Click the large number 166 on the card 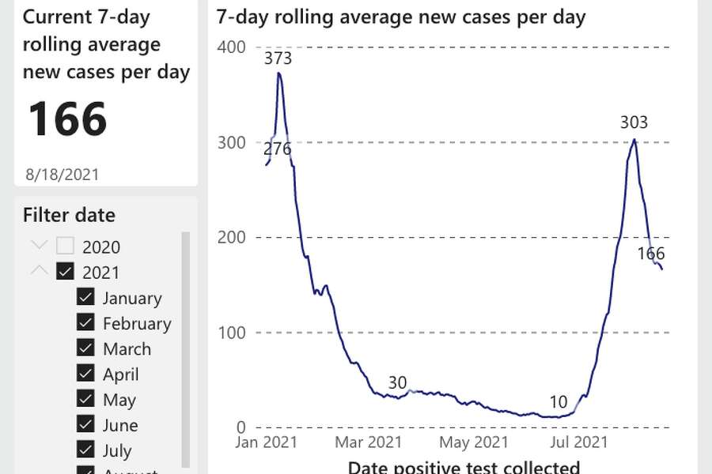[68, 119]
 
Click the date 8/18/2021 [62, 174]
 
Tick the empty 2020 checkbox [65, 246]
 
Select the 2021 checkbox [65, 273]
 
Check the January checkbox [86, 298]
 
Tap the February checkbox [86, 323]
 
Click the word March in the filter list [127, 349]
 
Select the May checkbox [86, 400]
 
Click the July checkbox [86, 450]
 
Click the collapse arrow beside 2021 [39, 272]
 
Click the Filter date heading [69, 215]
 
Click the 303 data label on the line [634, 122]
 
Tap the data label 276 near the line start [277, 149]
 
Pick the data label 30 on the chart [397, 383]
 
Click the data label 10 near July [559, 403]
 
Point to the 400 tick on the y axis [232, 47]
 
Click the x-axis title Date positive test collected [464, 467]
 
